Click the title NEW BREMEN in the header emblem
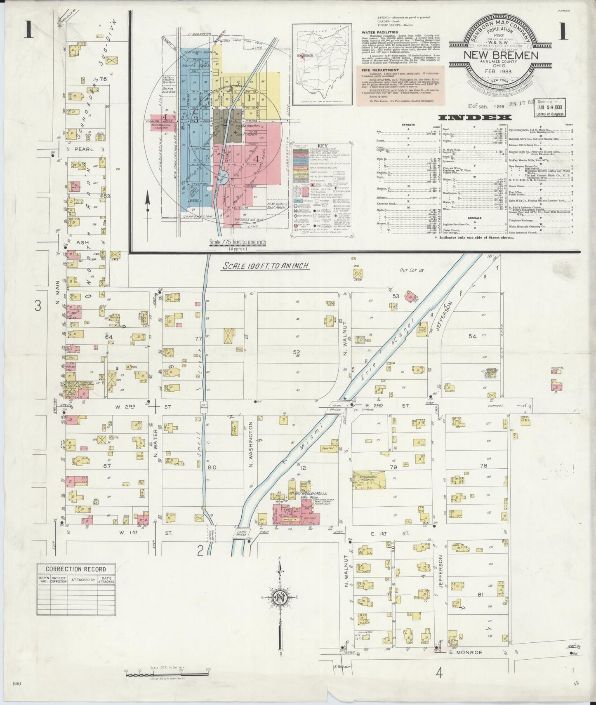(501, 55)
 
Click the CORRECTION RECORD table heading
(75, 569)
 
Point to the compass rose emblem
(280, 597)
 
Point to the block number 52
(296, 352)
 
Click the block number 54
(472, 336)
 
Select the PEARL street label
(84, 149)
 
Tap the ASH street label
(81, 242)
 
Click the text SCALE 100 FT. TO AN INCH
(266, 266)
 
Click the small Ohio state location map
(322, 64)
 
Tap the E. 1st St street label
(385, 533)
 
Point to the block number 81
(480, 595)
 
